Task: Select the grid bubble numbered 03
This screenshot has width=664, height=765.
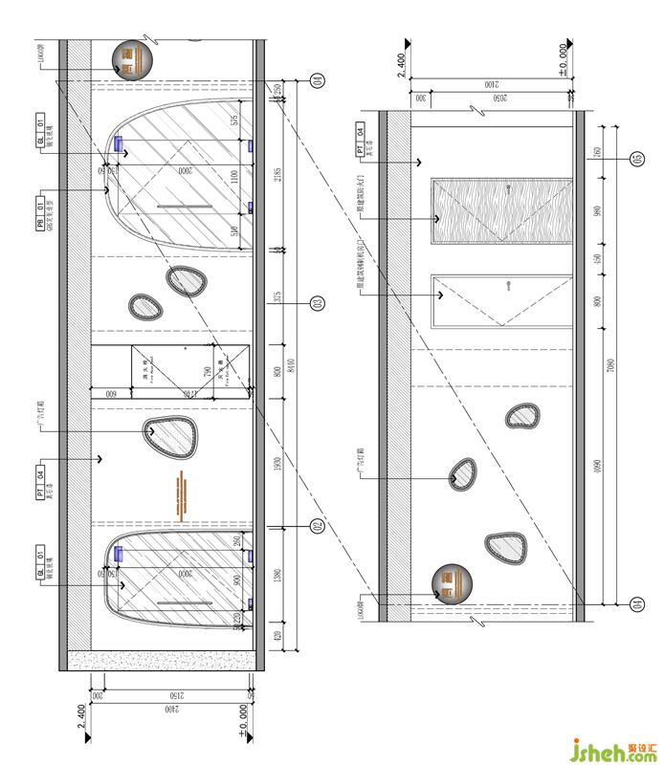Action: [x=317, y=304]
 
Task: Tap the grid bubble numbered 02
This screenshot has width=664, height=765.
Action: [x=317, y=527]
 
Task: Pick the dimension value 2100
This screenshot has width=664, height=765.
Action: [x=491, y=84]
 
